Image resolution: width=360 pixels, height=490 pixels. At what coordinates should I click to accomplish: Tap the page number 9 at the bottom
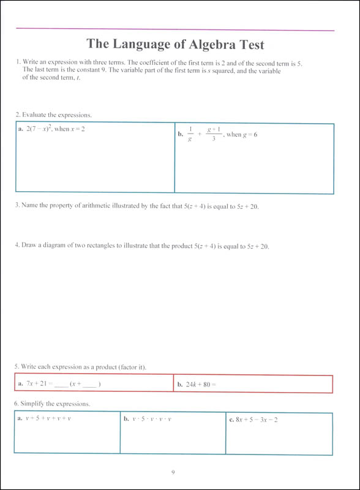[174, 472]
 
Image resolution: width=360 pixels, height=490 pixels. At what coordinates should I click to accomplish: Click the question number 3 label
[17, 206]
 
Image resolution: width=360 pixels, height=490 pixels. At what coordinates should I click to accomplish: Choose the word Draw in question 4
[29, 246]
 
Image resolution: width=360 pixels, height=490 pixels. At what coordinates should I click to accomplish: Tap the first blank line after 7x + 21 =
[61, 385]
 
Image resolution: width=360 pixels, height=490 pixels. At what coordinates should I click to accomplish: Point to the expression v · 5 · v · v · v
[151, 420]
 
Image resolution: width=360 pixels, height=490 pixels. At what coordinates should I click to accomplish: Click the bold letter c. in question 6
[231, 420]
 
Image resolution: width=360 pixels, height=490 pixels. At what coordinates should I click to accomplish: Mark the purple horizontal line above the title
[174, 29]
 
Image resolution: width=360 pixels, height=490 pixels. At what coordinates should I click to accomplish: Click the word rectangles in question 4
[108, 246]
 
